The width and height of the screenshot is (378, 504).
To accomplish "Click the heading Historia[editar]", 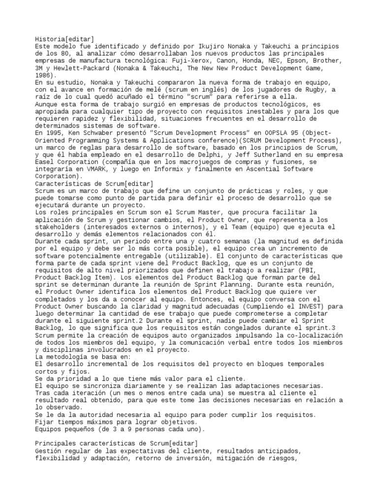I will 65,39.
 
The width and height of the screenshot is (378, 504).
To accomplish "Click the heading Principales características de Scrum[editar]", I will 116,443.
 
